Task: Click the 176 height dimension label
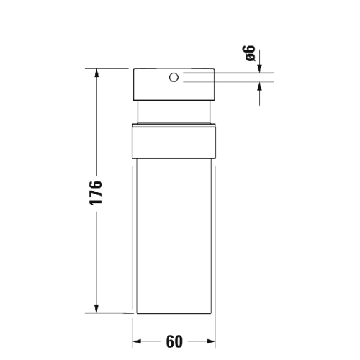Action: tap(97, 192)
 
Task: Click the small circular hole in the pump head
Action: tap(174, 77)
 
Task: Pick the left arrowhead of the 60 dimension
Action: tap(138, 340)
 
